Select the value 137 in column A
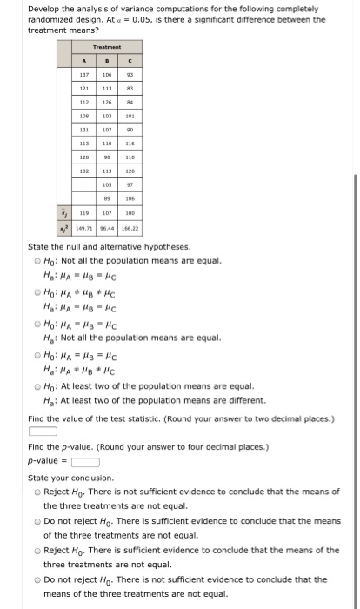(x=84, y=75)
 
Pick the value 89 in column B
(x=108, y=197)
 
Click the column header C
(x=130, y=62)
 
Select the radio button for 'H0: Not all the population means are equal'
(x=32, y=261)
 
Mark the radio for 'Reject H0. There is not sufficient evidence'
(x=32, y=493)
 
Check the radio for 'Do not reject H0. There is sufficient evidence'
(x=32, y=522)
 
